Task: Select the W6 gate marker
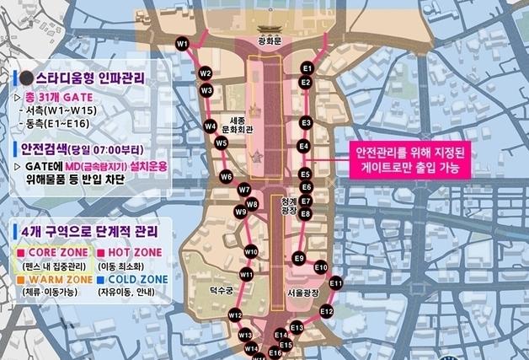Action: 226,177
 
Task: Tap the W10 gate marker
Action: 250,251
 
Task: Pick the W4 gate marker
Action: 211,126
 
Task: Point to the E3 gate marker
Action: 307,123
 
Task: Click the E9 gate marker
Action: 299,258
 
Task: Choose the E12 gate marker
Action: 327,311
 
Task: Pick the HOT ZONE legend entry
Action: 131,252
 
